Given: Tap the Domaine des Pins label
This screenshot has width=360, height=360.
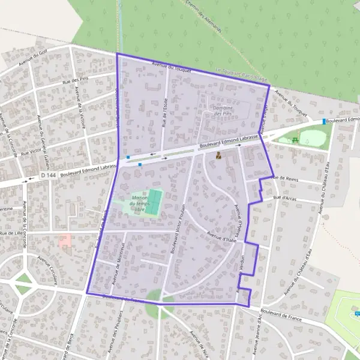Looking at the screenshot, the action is [222, 110].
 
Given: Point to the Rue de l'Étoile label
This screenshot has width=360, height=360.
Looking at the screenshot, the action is [164, 112].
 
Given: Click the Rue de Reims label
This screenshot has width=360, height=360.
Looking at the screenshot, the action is [284, 178].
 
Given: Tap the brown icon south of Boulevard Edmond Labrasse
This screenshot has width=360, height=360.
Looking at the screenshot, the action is [219, 156].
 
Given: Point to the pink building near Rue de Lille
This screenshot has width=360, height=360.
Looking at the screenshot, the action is [65, 241].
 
